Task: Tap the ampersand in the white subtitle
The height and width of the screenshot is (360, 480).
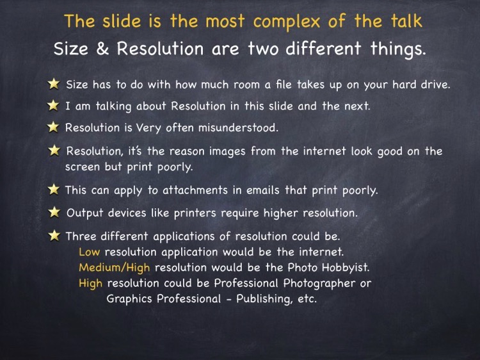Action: point(102,49)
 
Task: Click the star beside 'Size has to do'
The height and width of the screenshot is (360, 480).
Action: point(54,84)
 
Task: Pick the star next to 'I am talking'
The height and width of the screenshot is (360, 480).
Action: point(53,105)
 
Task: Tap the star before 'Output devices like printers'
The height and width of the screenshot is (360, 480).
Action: point(54,212)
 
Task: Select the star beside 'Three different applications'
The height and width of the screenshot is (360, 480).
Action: point(54,236)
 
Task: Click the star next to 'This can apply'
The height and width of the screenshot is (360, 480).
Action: point(54,190)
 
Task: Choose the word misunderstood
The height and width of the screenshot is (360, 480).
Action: point(238,127)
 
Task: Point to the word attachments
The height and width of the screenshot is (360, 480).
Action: point(195,190)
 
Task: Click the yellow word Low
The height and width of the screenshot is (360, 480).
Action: point(89,252)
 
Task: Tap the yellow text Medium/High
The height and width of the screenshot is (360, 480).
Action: point(114,268)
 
